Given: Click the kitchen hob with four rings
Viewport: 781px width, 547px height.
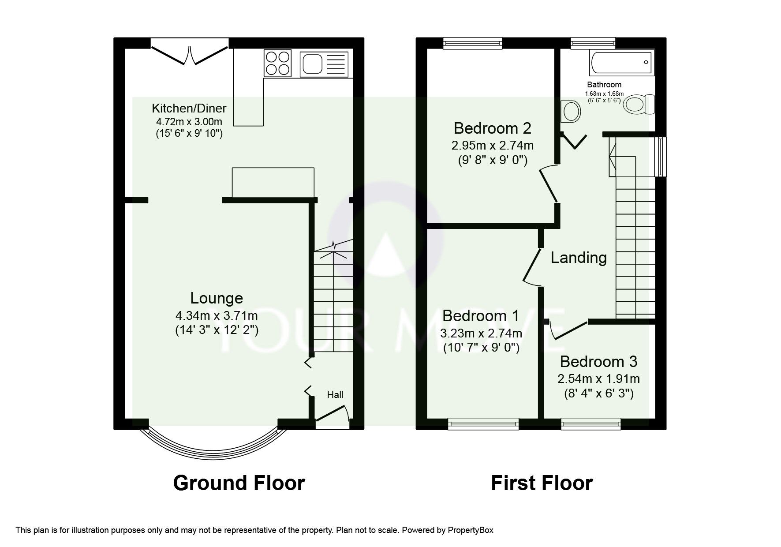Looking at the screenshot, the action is (x=278, y=63).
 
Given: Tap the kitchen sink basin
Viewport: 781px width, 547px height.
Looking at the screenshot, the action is (x=312, y=63).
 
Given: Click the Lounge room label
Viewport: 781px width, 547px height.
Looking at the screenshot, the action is (x=217, y=298).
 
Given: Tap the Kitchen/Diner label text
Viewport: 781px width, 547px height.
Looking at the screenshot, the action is (x=189, y=108).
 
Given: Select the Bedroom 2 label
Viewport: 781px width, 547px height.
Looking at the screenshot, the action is (x=493, y=128).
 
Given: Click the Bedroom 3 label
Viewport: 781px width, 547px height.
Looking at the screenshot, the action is (x=598, y=362).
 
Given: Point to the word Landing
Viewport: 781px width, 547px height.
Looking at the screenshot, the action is (x=579, y=257).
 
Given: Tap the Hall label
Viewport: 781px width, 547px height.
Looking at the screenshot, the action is (x=335, y=395).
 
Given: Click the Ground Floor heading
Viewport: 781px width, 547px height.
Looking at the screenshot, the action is (x=239, y=483).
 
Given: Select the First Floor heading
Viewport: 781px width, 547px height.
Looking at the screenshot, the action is (x=542, y=483).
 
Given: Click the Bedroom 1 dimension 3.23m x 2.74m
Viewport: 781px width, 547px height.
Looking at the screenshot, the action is (x=481, y=333).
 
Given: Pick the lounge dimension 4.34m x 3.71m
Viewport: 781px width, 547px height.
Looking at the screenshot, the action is (x=217, y=316).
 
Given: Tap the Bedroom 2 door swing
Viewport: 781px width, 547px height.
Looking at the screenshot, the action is (x=548, y=184).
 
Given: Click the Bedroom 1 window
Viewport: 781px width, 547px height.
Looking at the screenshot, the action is (x=483, y=424).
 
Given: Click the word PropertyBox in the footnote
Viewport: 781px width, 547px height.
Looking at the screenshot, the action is (x=471, y=530).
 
